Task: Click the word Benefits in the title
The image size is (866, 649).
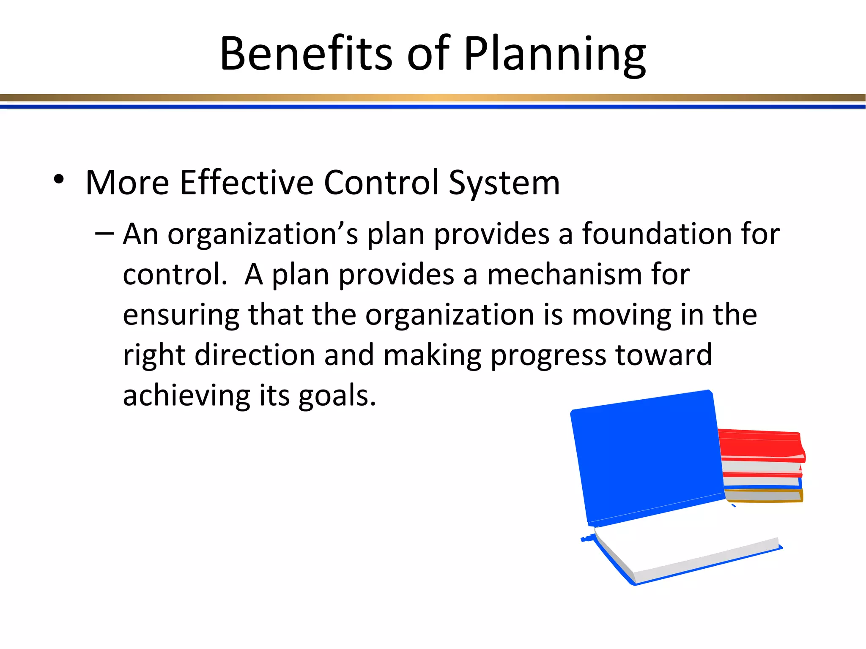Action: coord(306,54)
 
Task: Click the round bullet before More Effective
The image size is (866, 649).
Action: coord(59,180)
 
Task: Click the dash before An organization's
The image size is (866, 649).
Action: coord(104,233)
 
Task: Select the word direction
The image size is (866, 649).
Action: coord(255,355)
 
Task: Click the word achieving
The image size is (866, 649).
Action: coord(186,396)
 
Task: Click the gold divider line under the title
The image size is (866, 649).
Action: coord(433,98)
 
